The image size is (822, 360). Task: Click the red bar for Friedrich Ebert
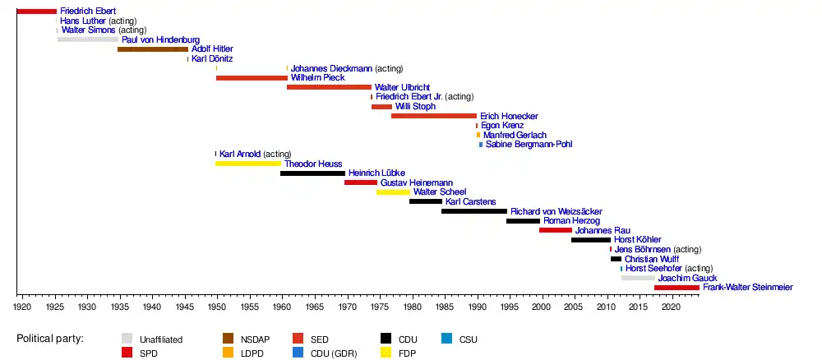36,11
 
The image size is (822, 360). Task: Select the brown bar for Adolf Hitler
152,49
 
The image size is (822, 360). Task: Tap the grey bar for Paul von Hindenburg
88,39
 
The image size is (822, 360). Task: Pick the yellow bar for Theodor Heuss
248,164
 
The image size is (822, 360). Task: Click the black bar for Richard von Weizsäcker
474,211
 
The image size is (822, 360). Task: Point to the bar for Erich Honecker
434,116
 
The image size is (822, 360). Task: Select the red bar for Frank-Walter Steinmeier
677,288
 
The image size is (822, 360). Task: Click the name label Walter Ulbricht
402,87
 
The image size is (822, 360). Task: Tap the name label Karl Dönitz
212,59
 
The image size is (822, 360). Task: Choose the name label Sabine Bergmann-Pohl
529,145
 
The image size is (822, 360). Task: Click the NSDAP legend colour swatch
229,339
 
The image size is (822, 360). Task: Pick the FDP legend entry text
407,353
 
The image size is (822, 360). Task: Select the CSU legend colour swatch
447,339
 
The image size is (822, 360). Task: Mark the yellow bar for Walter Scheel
394,192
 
